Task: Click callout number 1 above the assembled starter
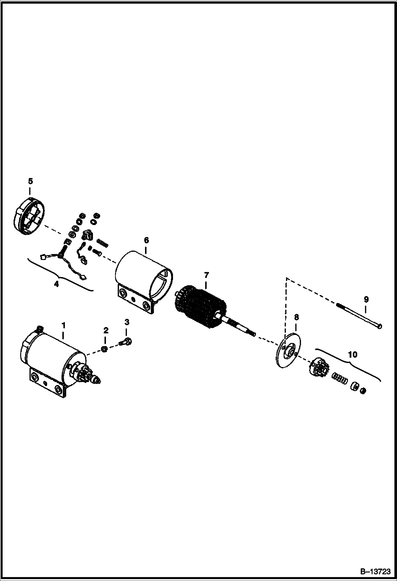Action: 63,324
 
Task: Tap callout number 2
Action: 106,330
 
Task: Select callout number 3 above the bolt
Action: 127,322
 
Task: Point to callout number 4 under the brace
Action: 56,284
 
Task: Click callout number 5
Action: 30,181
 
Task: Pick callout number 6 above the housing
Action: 146,240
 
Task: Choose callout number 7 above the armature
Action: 206,275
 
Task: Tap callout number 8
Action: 296,317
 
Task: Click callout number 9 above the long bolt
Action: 366,300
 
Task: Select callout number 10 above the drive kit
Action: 353,354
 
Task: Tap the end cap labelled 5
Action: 29,216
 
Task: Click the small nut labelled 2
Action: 104,349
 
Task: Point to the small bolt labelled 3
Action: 126,342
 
